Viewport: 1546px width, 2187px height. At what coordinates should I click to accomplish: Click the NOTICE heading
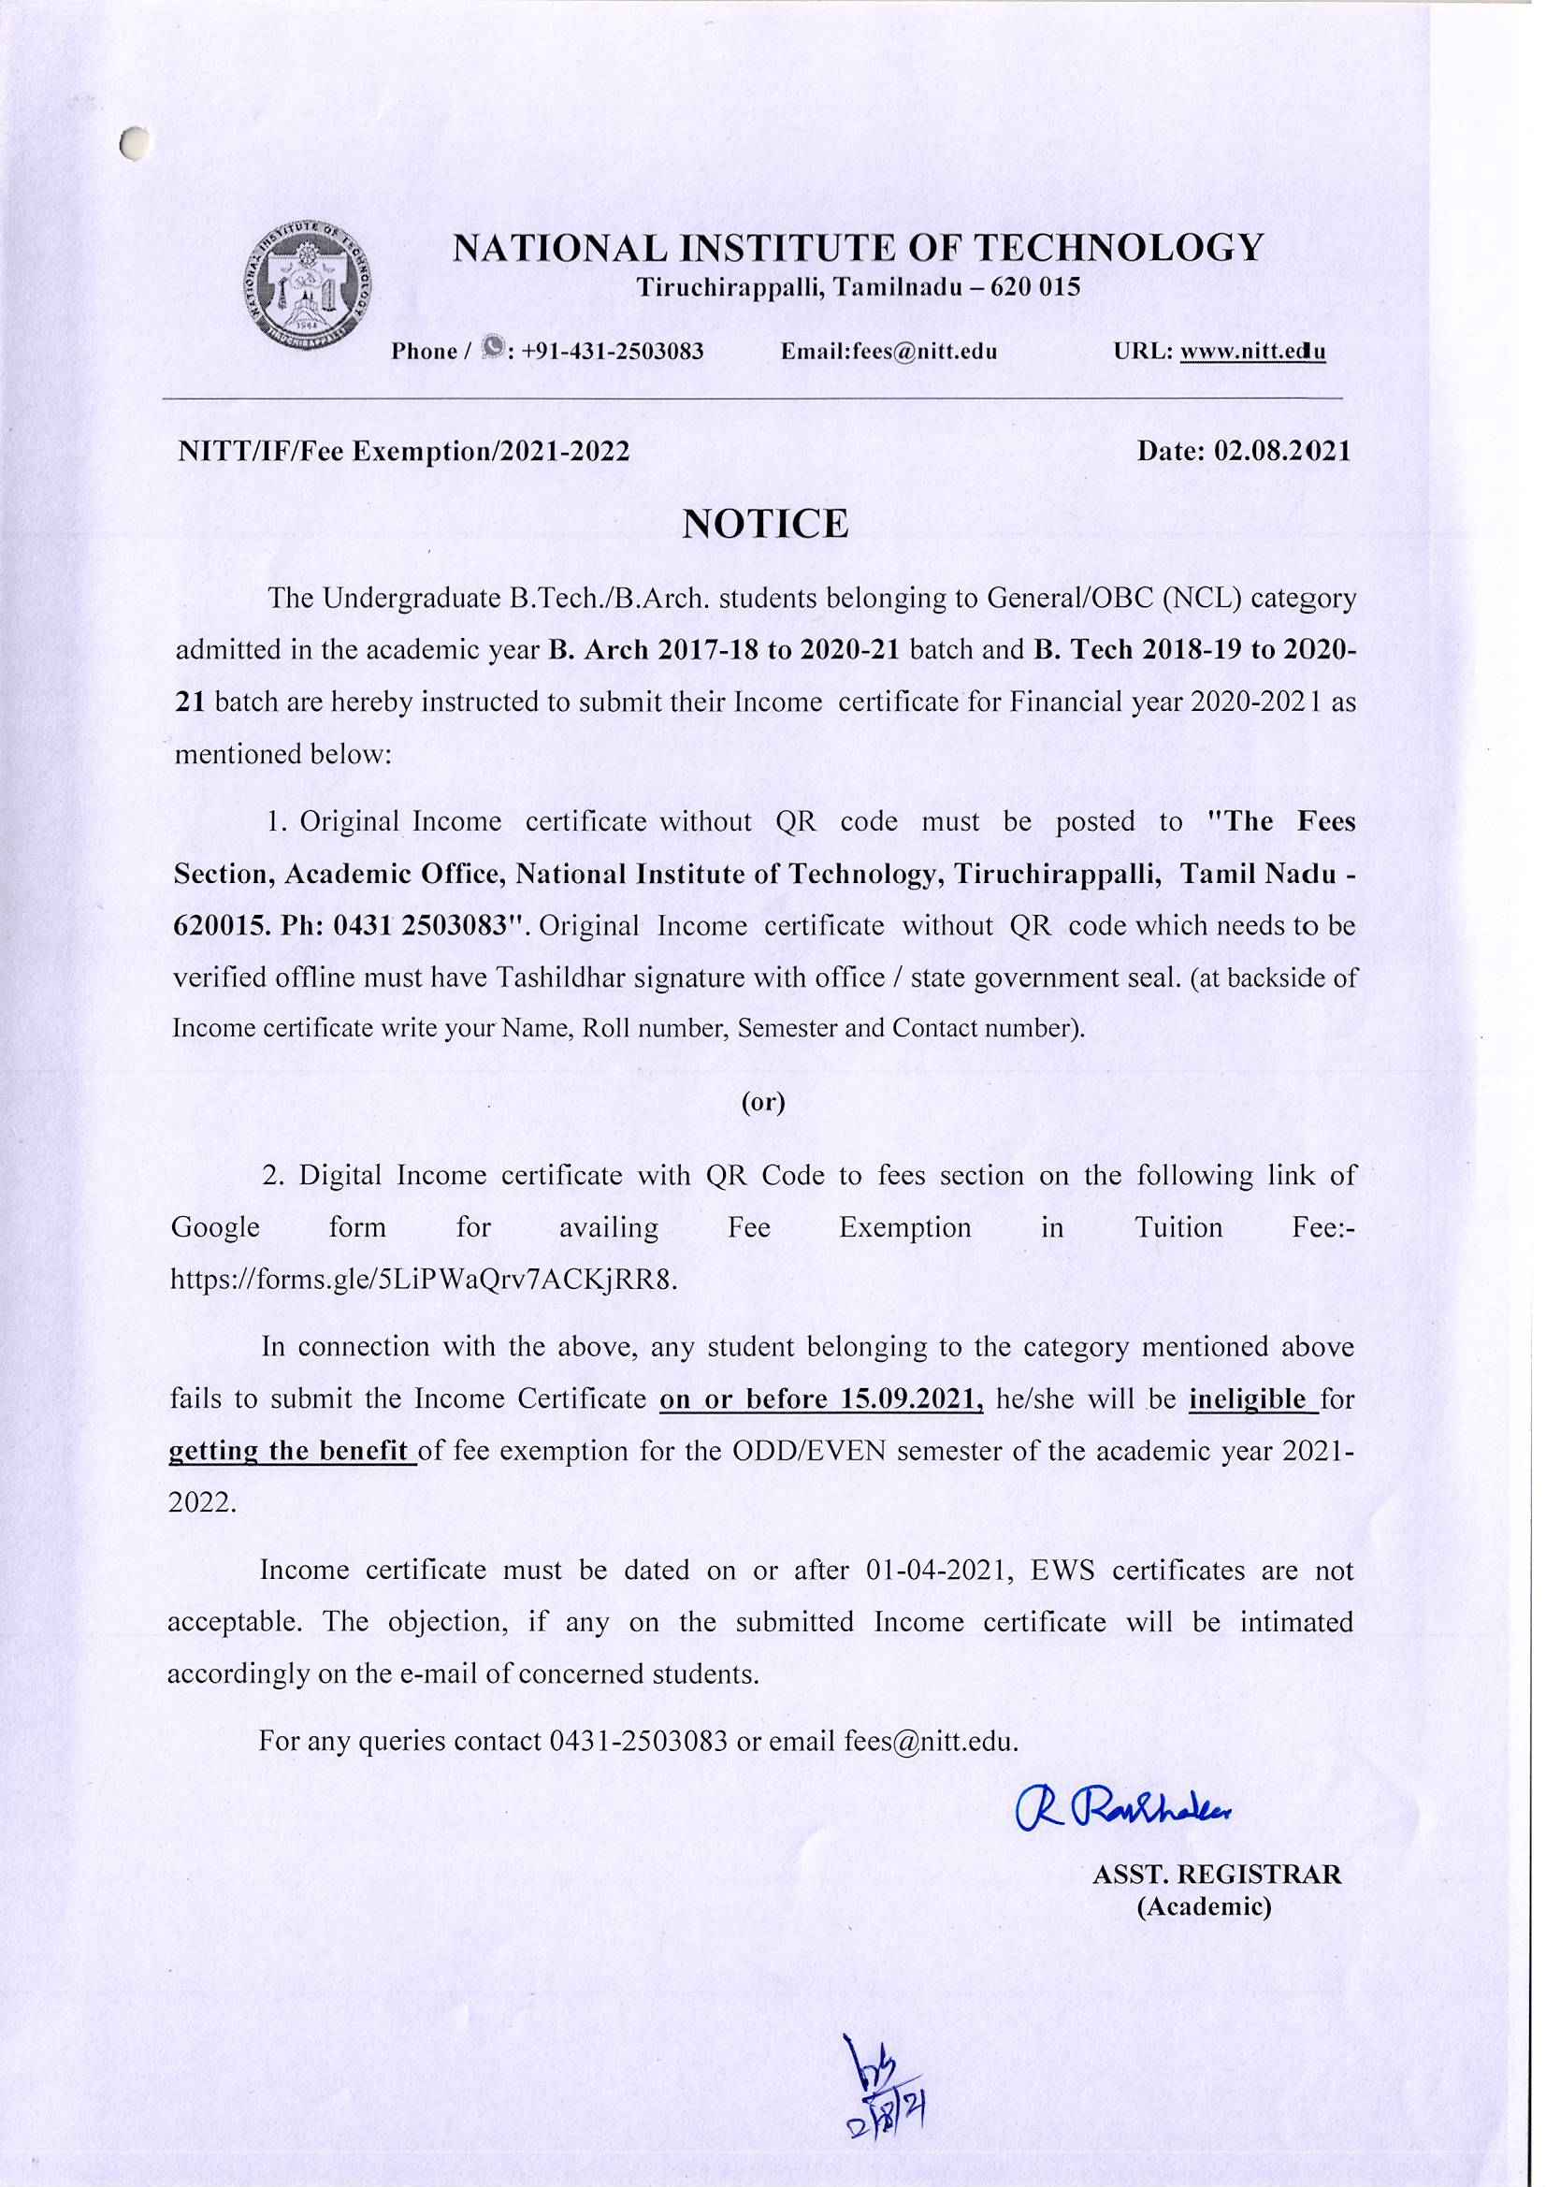pos(766,525)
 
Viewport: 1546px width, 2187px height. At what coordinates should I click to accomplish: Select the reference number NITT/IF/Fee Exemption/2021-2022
pos(405,451)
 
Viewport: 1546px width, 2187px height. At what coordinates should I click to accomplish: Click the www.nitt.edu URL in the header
pos(1252,352)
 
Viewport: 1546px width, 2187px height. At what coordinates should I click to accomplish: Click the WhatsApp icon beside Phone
pos(493,349)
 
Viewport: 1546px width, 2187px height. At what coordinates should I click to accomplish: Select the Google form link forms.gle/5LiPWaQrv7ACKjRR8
pos(424,1281)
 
